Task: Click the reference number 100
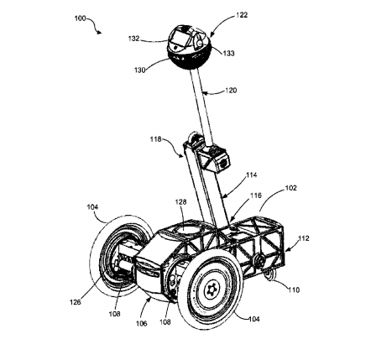tap(80, 18)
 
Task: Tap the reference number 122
tap(242, 15)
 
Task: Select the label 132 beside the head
tap(133, 39)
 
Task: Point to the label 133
tap(228, 53)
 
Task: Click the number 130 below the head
tap(139, 70)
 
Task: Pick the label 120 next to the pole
tap(231, 91)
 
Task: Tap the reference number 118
tap(156, 139)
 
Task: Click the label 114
tap(251, 175)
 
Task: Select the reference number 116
tap(256, 196)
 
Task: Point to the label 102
tap(290, 188)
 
